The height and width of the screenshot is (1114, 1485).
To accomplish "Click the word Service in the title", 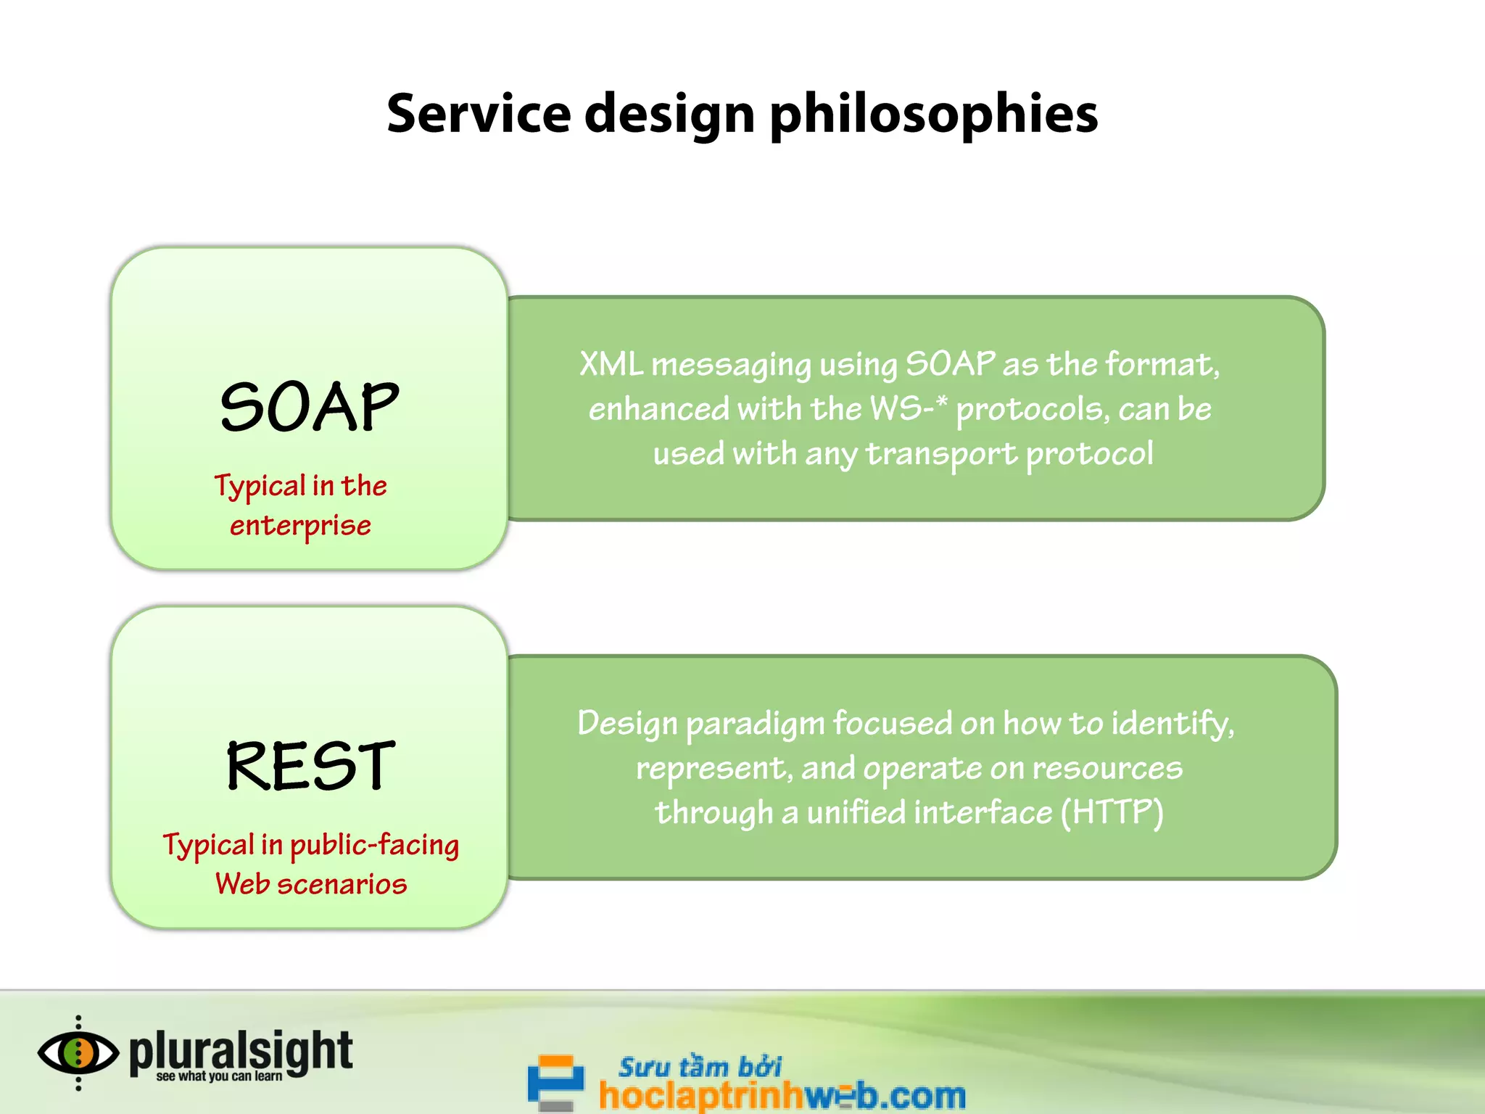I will pyautogui.click(x=479, y=114).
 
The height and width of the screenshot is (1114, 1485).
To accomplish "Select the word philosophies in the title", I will pyautogui.click(x=933, y=115).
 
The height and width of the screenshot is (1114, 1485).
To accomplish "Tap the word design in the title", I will pyautogui.click(x=670, y=115).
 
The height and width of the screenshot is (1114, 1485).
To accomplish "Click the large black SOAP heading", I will pyautogui.click(x=310, y=407).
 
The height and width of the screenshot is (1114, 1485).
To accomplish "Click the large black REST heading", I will pyautogui.click(x=310, y=766).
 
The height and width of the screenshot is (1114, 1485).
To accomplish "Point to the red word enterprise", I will pyautogui.click(x=300, y=526).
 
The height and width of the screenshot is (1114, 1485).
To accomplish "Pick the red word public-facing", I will pyautogui.click(x=374, y=846).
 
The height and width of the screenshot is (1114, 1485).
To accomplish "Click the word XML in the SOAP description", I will pyautogui.click(x=611, y=364).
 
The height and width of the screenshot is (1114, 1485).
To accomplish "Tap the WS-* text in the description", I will pyautogui.click(x=908, y=408).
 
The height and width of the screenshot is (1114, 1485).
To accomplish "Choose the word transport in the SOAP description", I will pyautogui.click(x=941, y=454).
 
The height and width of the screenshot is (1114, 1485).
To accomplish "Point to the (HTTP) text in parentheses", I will pyautogui.click(x=1112, y=812).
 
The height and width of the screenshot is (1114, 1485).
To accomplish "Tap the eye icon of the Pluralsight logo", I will pyautogui.click(x=78, y=1053).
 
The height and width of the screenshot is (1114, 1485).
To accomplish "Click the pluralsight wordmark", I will pyautogui.click(x=241, y=1049).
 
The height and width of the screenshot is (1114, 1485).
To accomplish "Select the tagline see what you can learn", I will pyautogui.click(x=219, y=1077).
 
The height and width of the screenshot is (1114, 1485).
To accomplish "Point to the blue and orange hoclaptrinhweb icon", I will pyautogui.click(x=556, y=1081).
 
